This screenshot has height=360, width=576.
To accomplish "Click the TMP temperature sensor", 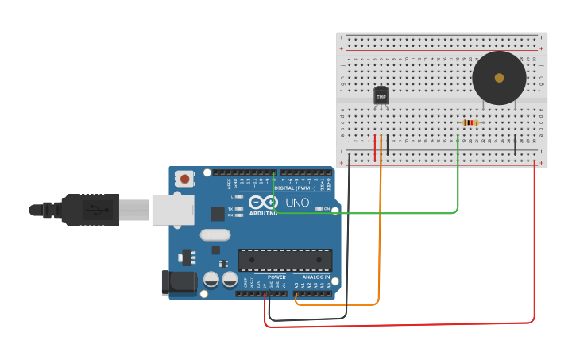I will pos(381,96).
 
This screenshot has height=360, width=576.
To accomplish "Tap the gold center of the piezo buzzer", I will pos(499,78).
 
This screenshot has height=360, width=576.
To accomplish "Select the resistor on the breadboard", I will pos(471,122).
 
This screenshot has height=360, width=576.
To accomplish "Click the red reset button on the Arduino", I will pos(185,179).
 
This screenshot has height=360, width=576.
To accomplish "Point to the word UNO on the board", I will pos(297,203).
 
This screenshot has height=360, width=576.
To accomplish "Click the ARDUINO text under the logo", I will pos(264,213).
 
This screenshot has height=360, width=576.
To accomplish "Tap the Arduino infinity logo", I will pos(263,202).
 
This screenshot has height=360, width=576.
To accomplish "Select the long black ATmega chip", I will pos(285,260).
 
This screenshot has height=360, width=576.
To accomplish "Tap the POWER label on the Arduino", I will pos(276,277).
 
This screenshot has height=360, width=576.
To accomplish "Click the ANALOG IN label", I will pos(316,277).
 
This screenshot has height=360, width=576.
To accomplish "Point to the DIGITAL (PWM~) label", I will pos(296,188).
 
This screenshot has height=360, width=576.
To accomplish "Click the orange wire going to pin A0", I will pos(380,238).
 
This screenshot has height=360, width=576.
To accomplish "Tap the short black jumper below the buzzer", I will pos(515,145).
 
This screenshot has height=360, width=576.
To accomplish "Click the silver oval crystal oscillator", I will pos(215,234).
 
